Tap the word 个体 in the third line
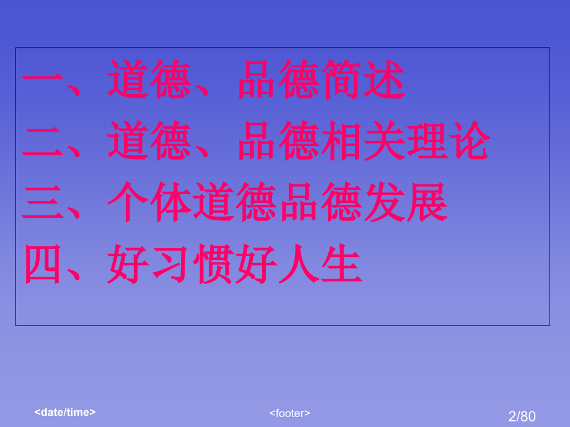[148, 204]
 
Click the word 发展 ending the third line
[406, 204]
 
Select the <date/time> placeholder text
[65, 411]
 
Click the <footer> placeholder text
[290, 413]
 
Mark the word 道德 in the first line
[148, 80]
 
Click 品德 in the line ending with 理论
[278, 142]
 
